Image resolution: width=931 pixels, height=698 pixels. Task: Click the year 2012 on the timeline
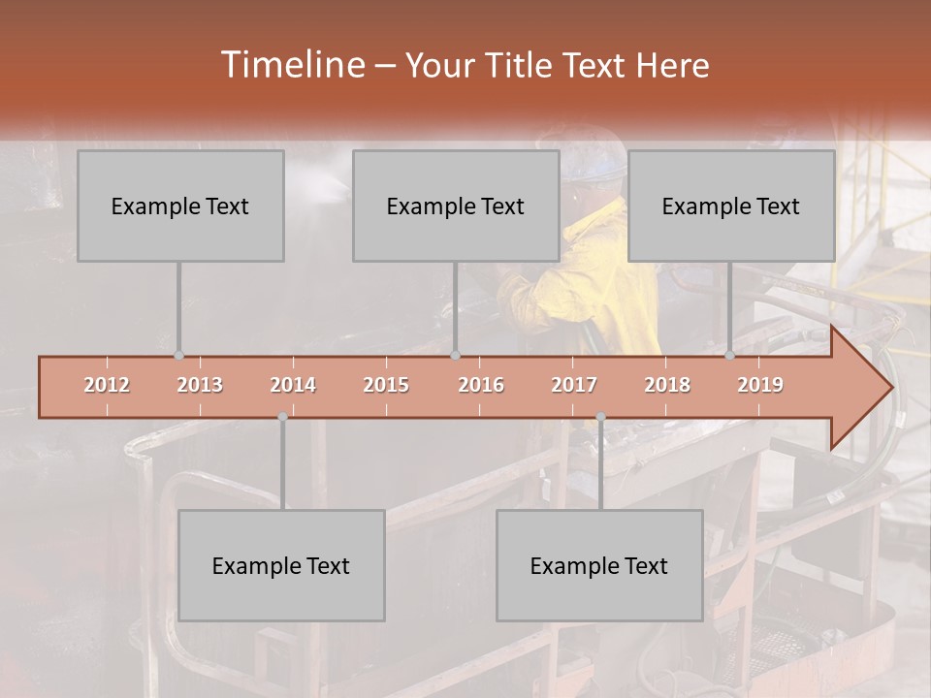coord(107,385)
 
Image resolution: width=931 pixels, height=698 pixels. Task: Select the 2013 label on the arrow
coord(200,385)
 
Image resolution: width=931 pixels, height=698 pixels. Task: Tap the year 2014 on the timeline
coord(293,385)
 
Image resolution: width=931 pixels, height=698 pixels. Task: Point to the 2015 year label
coord(386,385)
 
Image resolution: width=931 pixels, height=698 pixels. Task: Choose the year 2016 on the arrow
coord(481,385)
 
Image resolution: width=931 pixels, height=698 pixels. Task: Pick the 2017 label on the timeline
coord(574,385)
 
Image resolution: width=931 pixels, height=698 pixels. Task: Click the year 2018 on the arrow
coord(667,385)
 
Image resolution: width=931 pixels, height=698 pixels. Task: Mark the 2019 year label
coord(760,385)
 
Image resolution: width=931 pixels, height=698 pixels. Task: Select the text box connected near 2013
coord(180,206)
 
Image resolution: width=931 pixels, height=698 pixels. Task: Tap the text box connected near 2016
coord(456,206)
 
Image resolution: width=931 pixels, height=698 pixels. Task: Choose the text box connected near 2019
coord(731,206)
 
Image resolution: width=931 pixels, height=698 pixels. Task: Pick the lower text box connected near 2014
coord(281,565)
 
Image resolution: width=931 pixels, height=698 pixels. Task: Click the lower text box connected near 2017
coord(599,565)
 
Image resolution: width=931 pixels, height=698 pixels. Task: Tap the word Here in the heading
coord(672,66)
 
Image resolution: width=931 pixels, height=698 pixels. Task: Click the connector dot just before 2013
coord(178,356)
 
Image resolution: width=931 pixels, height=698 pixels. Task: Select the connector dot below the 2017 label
coord(600,417)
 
